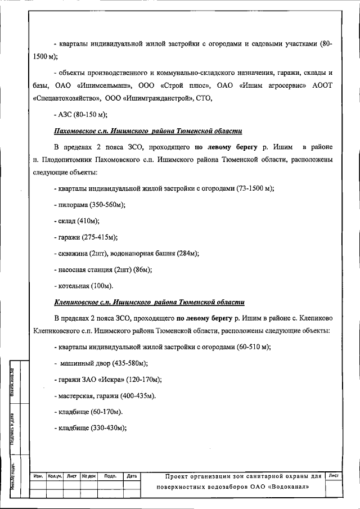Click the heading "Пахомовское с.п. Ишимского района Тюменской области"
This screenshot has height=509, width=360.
(148, 131)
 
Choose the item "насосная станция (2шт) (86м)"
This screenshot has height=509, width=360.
(105, 269)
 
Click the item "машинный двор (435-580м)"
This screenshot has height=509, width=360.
(103, 363)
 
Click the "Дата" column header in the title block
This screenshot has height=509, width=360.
(132, 476)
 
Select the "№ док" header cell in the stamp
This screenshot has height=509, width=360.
(89, 476)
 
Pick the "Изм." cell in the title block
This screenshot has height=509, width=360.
(39, 476)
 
